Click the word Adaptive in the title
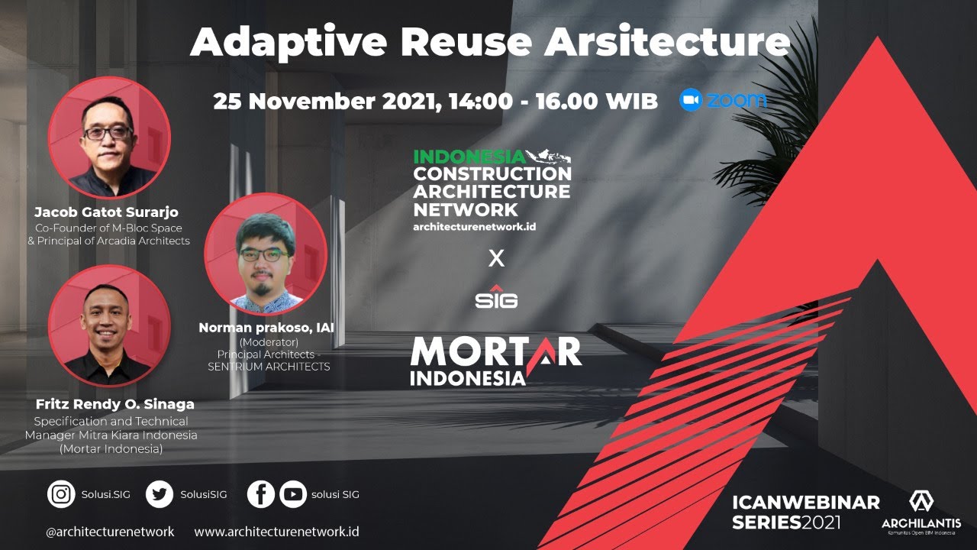pyautogui.click(x=289, y=42)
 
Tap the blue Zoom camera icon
pyautogui.click(x=691, y=99)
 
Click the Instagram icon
pyautogui.click(x=61, y=493)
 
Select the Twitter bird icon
pyautogui.click(x=160, y=493)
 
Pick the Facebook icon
pyautogui.click(x=261, y=493)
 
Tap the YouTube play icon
pyautogui.click(x=293, y=493)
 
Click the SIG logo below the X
pyautogui.click(x=496, y=297)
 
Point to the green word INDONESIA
pyautogui.click(x=469, y=157)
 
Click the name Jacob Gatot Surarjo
pyautogui.click(x=106, y=212)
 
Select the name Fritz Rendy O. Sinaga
pyautogui.click(x=115, y=404)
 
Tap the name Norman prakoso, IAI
pyautogui.click(x=266, y=328)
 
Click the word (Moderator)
pyautogui.click(x=269, y=341)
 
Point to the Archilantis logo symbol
pyautogui.click(x=921, y=502)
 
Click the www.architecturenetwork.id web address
pyautogui.click(x=276, y=532)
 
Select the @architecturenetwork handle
pyautogui.click(x=110, y=532)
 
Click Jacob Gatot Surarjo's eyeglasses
pyautogui.click(x=108, y=133)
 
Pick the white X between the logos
pyautogui.click(x=496, y=258)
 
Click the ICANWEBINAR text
pyautogui.click(x=806, y=503)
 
